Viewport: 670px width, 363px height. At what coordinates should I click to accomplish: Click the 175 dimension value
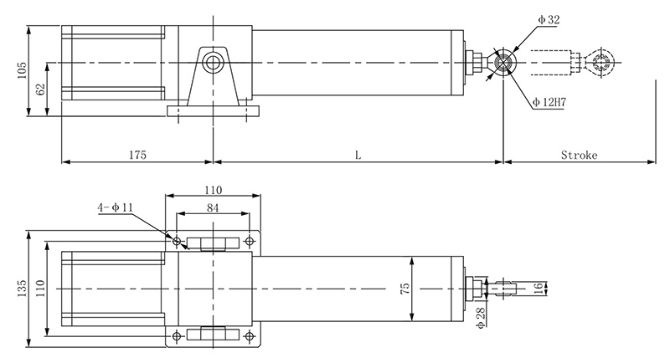click(138, 155)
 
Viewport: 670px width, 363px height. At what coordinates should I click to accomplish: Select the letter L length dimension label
click(358, 155)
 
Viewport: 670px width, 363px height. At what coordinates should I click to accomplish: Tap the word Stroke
click(579, 155)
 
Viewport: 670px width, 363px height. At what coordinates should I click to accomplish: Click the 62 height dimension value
click(40, 89)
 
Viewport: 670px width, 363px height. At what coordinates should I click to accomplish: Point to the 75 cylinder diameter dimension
click(405, 289)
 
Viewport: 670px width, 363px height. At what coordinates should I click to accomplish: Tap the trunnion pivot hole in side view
click(214, 64)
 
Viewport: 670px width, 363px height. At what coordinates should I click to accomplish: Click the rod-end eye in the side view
click(505, 64)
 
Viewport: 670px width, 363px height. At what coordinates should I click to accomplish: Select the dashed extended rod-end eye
click(600, 64)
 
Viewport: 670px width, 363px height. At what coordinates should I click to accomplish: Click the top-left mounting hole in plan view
click(177, 242)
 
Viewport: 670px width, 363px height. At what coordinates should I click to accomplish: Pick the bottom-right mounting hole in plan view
click(249, 337)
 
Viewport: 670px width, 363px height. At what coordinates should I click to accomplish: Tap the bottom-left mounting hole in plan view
click(177, 337)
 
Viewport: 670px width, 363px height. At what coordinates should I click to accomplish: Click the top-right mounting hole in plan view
click(249, 242)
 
